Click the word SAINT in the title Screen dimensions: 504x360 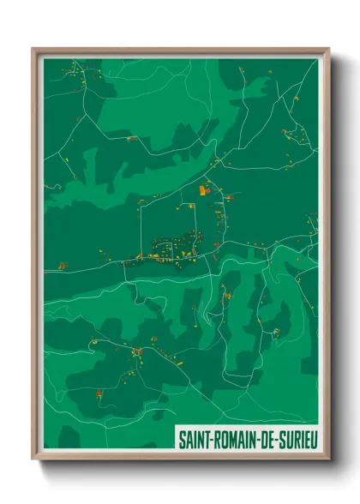[x=193, y=438]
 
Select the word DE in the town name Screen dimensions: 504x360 [x=271, y=438]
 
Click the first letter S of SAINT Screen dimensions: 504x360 [x=181, y=438]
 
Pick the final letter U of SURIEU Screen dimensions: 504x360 [x=314, y=438]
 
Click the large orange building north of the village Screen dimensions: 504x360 [x=203, y=190]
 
